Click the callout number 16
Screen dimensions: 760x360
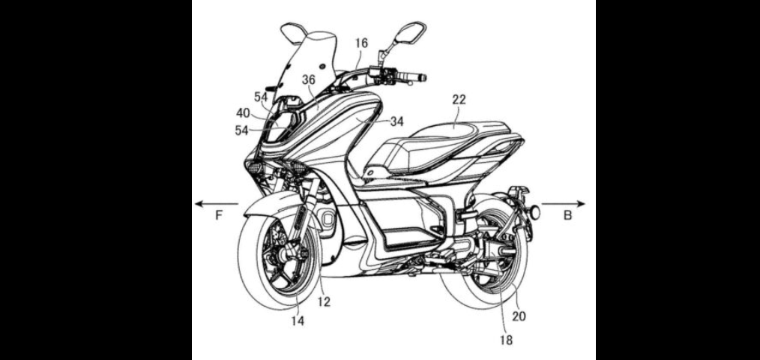point(361,43)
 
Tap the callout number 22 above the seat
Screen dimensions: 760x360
point(459,100)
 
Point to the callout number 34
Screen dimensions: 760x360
point(396,121)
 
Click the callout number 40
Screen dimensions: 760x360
point(244,113)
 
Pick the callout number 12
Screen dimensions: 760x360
point(324,301)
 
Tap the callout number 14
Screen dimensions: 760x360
point(298,321)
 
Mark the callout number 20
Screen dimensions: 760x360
point(519,316)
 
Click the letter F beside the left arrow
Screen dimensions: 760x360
point(219,215)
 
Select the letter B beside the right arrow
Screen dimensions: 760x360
point(567,215)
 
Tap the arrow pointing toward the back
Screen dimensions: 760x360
point(564,204)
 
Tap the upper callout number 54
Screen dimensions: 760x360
point(261,97)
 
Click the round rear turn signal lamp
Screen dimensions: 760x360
point(536,211)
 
